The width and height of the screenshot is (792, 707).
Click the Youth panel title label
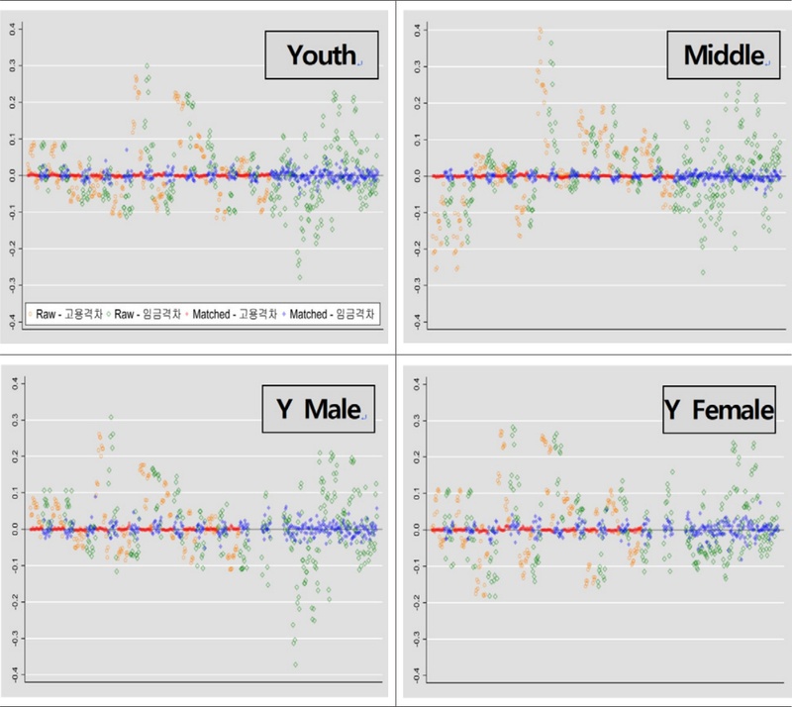tap(321, 55)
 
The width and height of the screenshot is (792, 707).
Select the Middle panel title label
tap(723, 55)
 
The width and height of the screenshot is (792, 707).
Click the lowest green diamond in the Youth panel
tap(299, 276)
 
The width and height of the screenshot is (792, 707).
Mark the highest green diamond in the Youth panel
tap(148, 66)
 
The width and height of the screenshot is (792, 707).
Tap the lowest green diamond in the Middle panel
tap(704, 272)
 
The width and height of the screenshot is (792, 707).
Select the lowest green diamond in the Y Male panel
tap(295, 665)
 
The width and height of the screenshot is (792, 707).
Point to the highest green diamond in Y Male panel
tap(111, 418)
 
